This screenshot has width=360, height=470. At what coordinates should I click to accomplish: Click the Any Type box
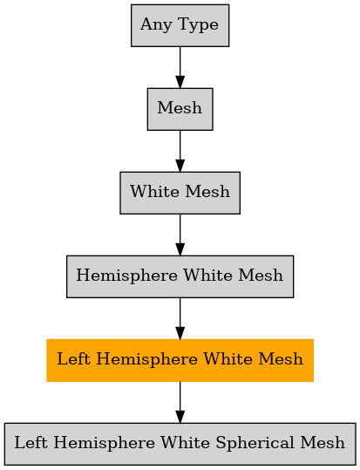180,25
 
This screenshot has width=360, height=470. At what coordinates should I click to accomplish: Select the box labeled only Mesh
180,109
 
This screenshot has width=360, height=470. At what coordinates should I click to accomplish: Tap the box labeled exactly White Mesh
180,193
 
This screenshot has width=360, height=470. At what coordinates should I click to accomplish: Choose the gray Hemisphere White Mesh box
180,276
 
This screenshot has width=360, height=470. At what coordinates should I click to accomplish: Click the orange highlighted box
180,360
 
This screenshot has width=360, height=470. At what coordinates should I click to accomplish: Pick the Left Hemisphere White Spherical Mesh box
180,444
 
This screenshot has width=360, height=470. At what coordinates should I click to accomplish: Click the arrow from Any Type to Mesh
180,67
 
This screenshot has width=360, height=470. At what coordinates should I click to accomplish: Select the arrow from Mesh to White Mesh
180,151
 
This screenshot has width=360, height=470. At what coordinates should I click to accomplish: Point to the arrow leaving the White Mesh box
180,235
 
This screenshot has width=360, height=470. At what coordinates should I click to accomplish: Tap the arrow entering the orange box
180,318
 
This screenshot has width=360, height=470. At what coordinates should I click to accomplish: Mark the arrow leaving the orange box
180,402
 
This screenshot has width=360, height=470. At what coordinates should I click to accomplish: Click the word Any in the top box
156,25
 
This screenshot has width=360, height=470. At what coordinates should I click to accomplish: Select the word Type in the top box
198,25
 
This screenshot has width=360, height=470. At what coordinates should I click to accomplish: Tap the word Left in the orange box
73,358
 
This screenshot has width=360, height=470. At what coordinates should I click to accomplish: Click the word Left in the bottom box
31,442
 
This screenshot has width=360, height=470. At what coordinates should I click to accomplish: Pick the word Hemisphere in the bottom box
104,443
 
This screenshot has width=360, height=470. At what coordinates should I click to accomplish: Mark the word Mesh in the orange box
281,358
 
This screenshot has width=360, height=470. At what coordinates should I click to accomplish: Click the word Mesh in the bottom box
323,442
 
